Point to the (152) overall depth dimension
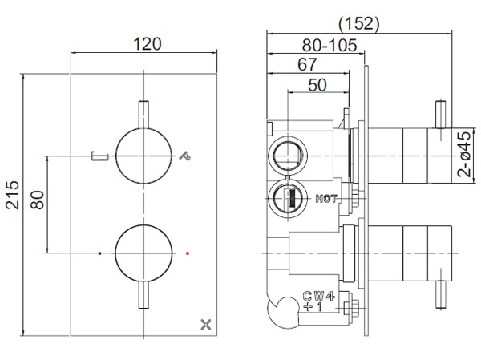(x=357, y=23)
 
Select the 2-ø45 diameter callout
(x=464, y=154)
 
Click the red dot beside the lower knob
(x=187, y=253)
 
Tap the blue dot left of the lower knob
(x=99, y=253)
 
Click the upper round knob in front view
(x=144, y=155)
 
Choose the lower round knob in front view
(x=144, y=254)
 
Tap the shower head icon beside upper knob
(x=187, y=154)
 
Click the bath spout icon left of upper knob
(x=99, y=155)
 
